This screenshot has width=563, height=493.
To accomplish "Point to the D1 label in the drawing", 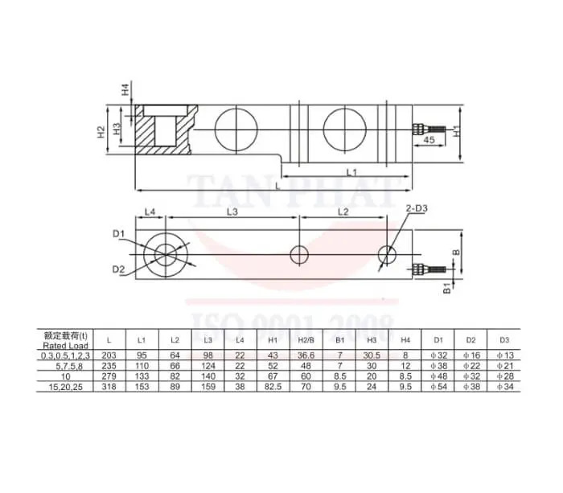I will (118, 234).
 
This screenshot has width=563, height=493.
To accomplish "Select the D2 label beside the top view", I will (118, 268).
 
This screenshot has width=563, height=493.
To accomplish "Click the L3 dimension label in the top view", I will (232, 212).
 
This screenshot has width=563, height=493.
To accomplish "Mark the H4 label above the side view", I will (125, 90).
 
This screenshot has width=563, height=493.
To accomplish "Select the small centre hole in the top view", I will (299, 255).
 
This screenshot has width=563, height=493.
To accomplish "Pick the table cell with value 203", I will (109, 355).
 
